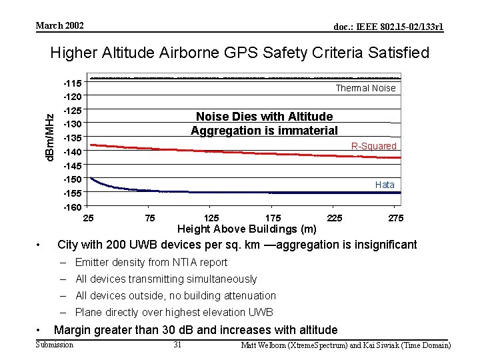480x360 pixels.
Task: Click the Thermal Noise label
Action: tap(365, 88)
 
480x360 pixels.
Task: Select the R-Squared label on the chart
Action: tap(373, 146)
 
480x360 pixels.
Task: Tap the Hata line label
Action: tap(385, 185)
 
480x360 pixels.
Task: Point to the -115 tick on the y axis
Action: tap(72, 83)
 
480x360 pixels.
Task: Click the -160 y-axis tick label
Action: tap(72, 207)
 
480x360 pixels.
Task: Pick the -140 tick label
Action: tap(72, 152)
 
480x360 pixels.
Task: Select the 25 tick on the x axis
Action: tap(88, 218)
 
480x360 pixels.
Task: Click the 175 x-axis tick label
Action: tap(273, 218)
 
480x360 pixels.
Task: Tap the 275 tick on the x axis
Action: tap(395, 218)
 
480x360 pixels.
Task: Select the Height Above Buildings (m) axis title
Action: tap(247, 229)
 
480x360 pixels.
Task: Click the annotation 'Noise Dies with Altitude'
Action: tap(264, 117)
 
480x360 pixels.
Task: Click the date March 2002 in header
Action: tap(59, 26)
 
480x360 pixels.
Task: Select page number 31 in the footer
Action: tap(177, 345)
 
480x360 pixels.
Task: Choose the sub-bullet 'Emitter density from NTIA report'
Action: tap(151, 263)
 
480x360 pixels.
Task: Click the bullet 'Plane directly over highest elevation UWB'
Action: tap(174, 313)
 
